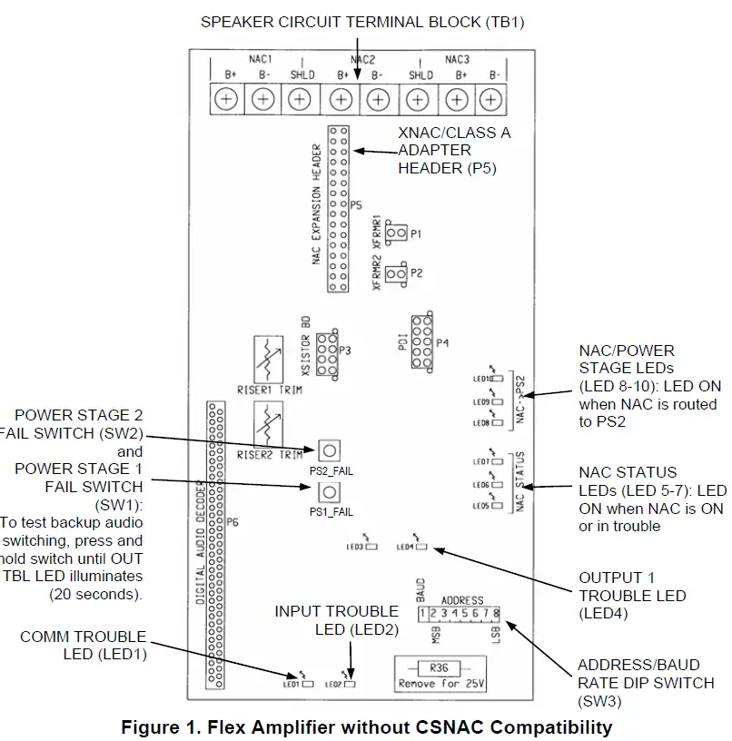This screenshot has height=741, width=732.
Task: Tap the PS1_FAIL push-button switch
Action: point(328,492)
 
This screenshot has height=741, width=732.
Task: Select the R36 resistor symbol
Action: point(440,667)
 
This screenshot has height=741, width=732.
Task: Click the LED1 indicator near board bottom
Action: point(308,683)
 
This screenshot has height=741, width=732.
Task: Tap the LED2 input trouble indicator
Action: point(351,683)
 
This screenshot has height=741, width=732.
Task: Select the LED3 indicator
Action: point(371,548)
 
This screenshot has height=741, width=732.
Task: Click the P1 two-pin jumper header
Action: point(396,233)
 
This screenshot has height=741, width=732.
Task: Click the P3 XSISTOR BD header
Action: point(327,361)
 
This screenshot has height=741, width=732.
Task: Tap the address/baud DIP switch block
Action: point(460,615)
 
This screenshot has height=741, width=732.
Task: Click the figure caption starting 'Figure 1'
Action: point(367,726)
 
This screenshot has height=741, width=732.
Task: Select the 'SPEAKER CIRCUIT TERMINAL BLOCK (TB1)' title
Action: point(361,21)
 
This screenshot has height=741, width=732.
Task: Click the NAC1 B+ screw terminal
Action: point(223,98)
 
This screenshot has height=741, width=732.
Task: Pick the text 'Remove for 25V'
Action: point(440,683)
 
